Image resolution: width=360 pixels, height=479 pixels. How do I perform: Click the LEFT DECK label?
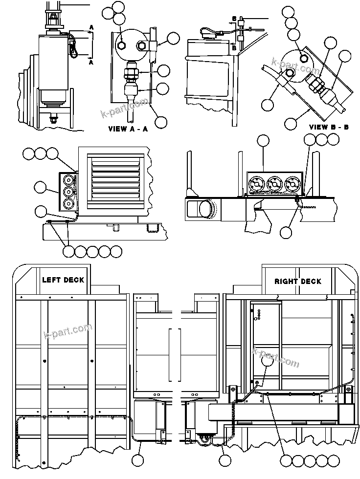tap(63, 280)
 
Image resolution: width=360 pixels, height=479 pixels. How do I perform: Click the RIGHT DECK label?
tap(297, 281)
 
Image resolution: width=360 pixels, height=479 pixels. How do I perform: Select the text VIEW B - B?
tap(329, 127)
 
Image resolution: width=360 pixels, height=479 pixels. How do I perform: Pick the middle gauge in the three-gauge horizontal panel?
tap(274, 184)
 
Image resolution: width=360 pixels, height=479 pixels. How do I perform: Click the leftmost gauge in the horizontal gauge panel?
tap(255, 184)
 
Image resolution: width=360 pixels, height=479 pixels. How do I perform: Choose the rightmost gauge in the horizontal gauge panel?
tap(293, 184)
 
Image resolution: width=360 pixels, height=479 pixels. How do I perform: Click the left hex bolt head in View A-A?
tap(122, 45)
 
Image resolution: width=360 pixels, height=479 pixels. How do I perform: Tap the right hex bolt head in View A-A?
tap(142, 45)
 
